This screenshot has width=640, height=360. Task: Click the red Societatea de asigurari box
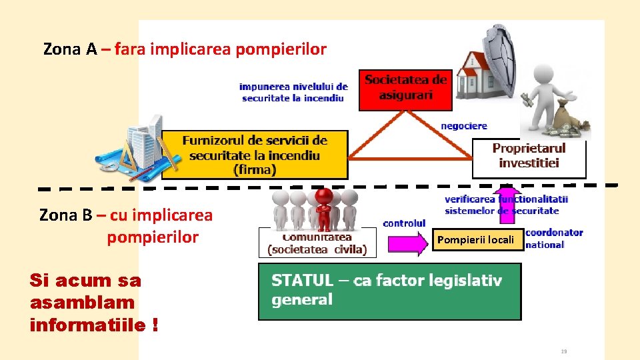[405, 89]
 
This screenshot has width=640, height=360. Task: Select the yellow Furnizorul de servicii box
[255, 154]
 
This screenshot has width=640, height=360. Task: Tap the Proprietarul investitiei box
[529, 157]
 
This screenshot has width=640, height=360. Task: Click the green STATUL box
[389, 291]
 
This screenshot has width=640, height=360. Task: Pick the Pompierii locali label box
[475, 240]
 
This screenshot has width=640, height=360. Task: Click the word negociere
[464, 125]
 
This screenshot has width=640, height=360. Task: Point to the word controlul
[404, 223]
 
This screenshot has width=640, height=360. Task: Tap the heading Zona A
[185, 49]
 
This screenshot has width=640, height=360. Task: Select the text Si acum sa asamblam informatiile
[93, 303]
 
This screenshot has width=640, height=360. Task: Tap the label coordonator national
[554, 239]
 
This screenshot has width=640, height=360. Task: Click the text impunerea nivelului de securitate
[293, 92]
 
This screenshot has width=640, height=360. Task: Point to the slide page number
[563, 351]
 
